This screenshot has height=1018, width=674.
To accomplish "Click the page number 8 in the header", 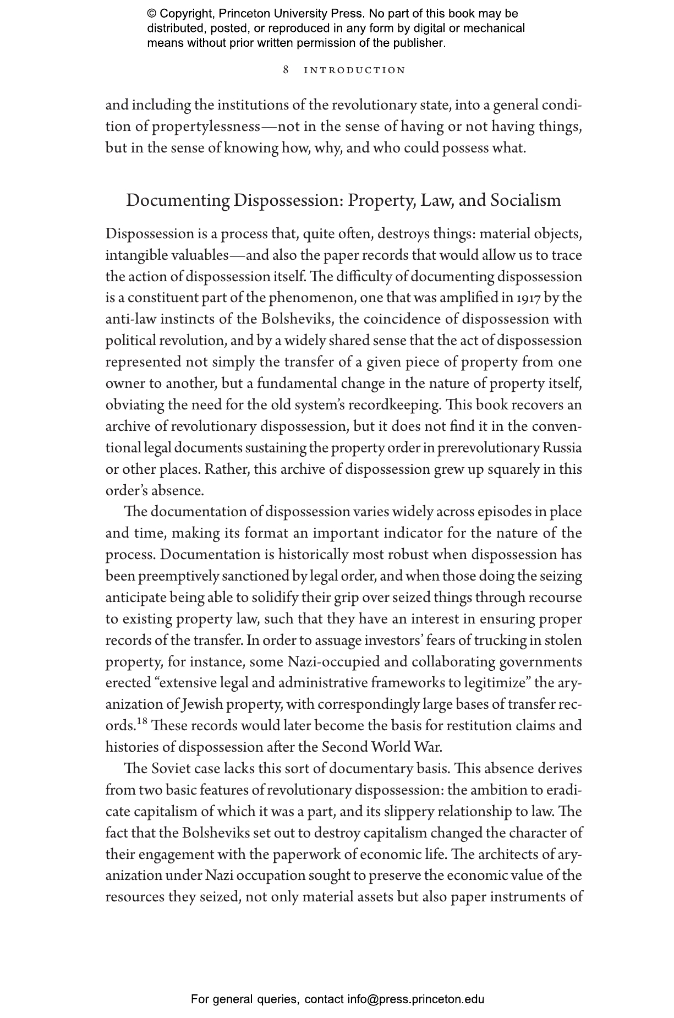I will tap(286, 70).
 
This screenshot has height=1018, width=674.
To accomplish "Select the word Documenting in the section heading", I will tap(177, 200).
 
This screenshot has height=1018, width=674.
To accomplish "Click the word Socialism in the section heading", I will tap(525, 200).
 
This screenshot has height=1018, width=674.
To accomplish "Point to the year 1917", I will tap(529, 298).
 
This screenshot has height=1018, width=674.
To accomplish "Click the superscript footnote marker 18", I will tap(142, 721).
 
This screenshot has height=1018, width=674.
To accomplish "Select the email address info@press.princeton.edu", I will tap(415, 999).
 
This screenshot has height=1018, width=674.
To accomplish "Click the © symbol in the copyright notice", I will tap(152, 14).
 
